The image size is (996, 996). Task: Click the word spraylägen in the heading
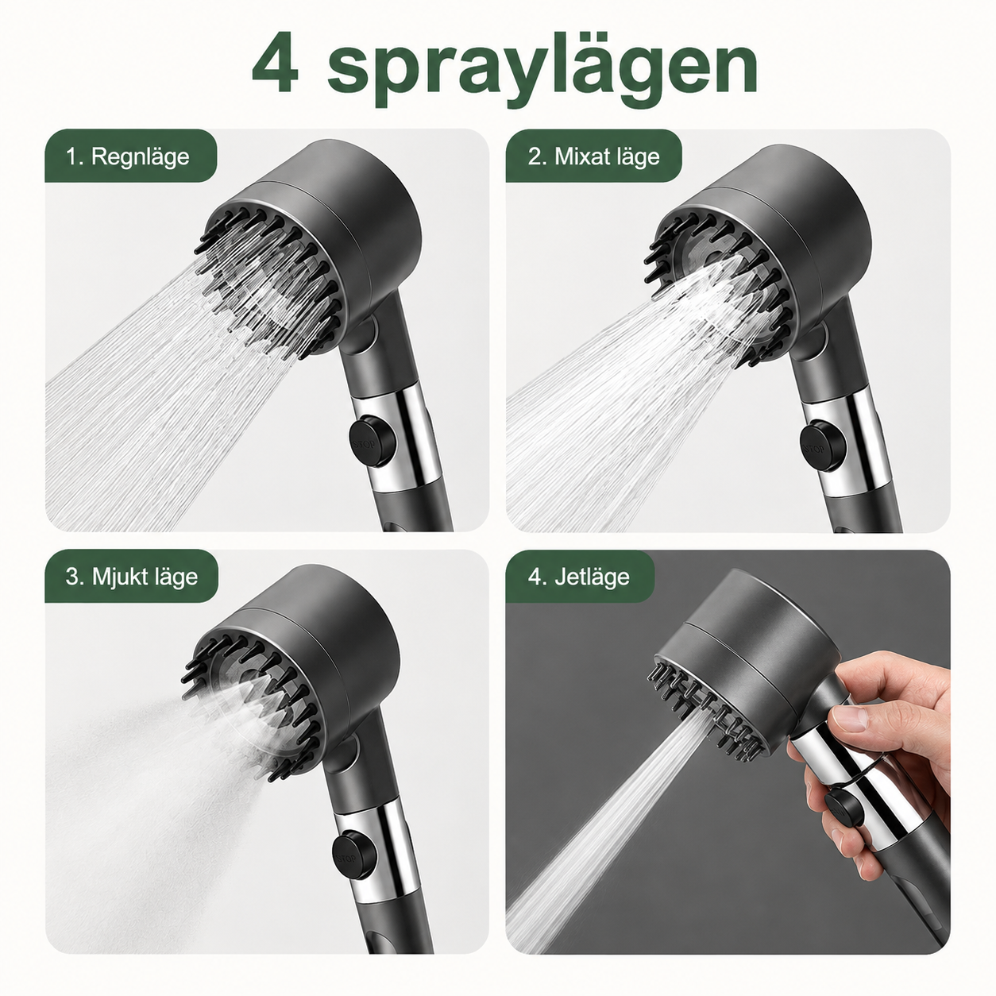click(x=542, y=71)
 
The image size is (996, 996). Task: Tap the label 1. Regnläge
click(x=128, y=156)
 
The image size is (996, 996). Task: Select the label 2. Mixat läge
click(x=594, y=156)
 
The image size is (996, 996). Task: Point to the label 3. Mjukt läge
click(x=131, y=577)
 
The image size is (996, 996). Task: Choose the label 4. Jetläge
click(x=578, y=577)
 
